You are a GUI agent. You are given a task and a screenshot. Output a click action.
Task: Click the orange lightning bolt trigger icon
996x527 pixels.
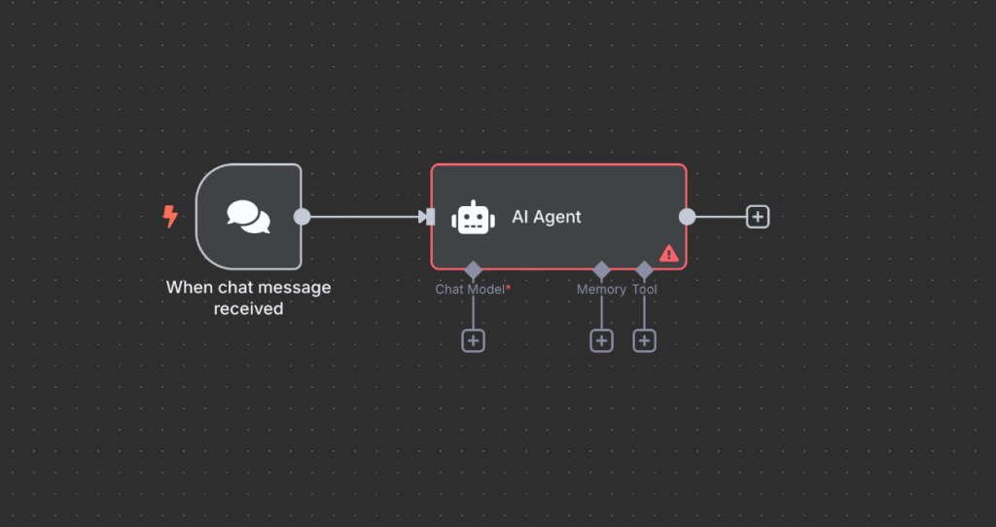point(170,216)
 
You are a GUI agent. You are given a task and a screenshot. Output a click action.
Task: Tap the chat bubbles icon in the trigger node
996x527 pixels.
point(248,216)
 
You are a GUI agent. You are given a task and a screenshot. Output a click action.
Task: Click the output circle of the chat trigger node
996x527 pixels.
point(302,216)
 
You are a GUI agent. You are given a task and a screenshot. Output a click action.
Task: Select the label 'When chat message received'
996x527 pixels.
point(248,299)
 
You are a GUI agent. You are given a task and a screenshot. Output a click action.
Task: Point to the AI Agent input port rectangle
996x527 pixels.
point(431,217)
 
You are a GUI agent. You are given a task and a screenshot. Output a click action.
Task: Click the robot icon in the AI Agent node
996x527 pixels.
point(472,217)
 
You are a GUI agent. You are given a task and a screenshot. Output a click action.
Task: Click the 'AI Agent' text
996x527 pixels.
point(547,217)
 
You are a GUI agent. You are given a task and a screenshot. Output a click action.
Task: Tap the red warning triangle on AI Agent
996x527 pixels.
point(669,253)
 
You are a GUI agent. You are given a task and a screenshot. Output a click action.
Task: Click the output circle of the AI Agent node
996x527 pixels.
point(687,217)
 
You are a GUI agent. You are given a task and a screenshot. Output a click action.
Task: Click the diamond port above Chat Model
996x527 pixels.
point(473,269)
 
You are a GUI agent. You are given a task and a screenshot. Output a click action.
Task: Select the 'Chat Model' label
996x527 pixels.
point(469,290)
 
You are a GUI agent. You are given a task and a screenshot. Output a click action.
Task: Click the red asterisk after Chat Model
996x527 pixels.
point(509,288)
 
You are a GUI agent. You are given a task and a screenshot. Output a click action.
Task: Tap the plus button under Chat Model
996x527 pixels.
point(473,340)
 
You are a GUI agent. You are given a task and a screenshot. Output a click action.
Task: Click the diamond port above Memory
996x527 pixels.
point(601,269)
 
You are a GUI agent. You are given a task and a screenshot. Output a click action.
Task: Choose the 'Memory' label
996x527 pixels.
point(601,290)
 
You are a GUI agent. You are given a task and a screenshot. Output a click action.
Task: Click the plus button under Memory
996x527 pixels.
point(601,340)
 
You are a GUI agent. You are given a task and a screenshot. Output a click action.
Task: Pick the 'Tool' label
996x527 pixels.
point(644,290)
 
